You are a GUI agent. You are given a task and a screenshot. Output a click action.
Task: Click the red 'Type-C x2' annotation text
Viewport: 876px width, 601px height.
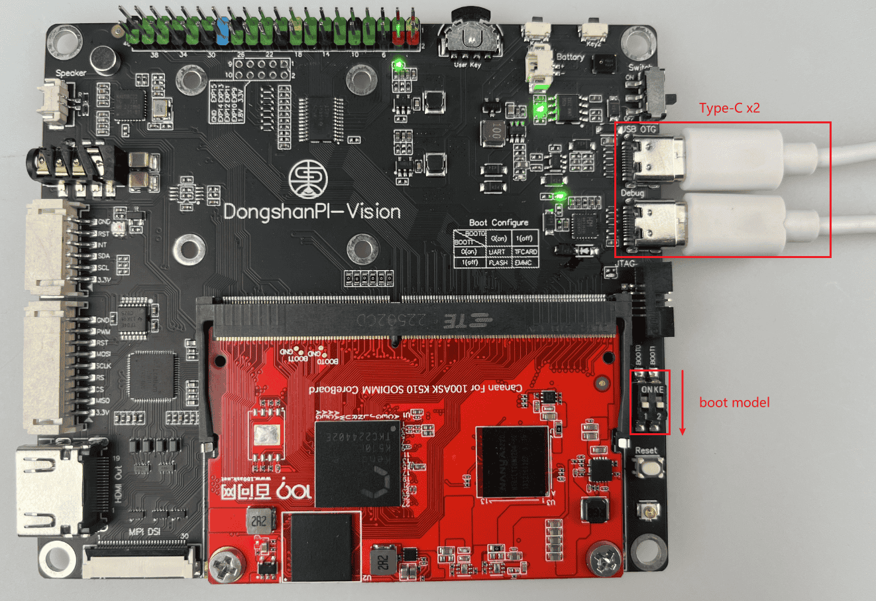pos(729,108)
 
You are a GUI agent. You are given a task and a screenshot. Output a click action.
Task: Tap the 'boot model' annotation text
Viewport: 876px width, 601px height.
pos(734,402)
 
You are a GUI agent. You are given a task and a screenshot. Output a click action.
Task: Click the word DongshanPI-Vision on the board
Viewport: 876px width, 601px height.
pos(312,212)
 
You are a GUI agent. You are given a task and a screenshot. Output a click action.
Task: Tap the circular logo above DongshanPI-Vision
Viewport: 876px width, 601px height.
pos(309,178)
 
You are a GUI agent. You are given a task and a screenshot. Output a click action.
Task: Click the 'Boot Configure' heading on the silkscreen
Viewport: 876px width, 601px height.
pos(498,223)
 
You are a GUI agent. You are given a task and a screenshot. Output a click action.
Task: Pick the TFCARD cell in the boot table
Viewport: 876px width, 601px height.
pos(525,251)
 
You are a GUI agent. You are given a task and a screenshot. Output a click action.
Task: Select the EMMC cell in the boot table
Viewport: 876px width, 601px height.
pos(525,263)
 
